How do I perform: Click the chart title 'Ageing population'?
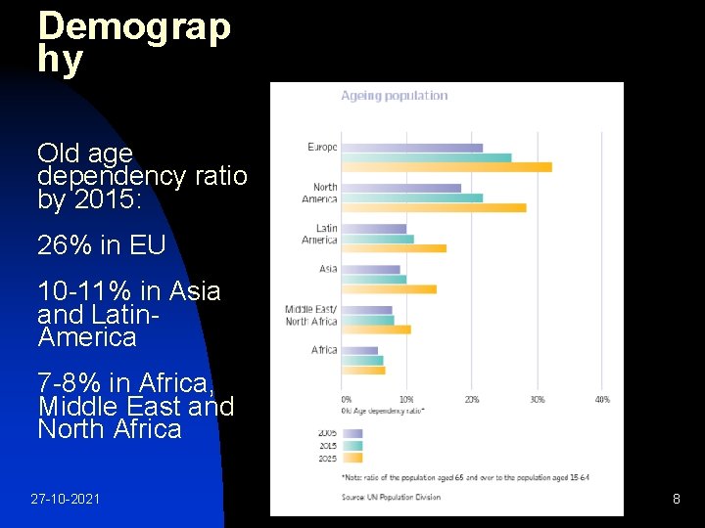tap(394, 96)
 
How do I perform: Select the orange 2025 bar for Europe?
tap(446, 167)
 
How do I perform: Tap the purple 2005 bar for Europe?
tap(411, 148)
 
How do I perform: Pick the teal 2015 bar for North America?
tap(411, 198)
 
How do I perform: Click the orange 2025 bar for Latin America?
tap(393, 248)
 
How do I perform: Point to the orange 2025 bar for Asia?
tap(388, 288)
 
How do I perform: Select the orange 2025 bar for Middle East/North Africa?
tap(375, 330)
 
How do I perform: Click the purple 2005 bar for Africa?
tap(358, 350)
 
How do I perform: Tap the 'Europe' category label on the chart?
tap(322, 148)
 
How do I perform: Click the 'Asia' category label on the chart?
tap(328, 269)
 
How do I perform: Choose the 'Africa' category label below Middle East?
tap(324, 350)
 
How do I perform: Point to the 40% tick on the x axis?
tap(601, 400)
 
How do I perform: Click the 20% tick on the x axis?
tap(471, 400)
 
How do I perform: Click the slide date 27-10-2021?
tap(65, 500)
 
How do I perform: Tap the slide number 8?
tap(676, 500)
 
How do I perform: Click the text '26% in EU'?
tap(101, 245)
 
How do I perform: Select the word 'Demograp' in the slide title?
tap(134, 26)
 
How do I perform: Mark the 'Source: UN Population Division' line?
tap(391, 497)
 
